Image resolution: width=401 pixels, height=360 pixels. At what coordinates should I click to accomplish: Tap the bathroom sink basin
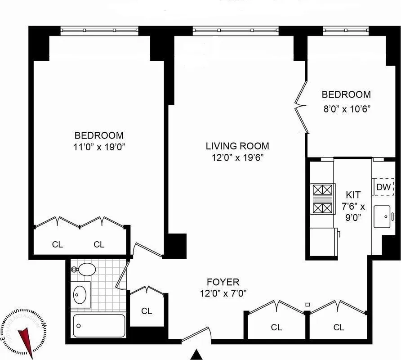[81, 295]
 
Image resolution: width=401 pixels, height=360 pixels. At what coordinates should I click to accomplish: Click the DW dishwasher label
[383, 187]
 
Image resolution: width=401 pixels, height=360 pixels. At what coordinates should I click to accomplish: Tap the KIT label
[352, 195]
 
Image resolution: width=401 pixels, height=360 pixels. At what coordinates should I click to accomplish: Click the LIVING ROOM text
[237, 146]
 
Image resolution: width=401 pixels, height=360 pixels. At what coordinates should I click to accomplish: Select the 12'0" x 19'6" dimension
[237, 157]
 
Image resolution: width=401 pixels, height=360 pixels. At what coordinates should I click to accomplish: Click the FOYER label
[223, 282]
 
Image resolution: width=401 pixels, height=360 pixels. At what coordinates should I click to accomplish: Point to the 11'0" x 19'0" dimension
[99, 146]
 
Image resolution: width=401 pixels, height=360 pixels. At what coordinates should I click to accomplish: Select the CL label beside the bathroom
[147, 310]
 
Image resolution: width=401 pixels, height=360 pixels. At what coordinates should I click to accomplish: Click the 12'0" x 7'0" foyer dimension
[223, 293]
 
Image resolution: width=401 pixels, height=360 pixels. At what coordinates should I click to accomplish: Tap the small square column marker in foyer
[307, 305]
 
